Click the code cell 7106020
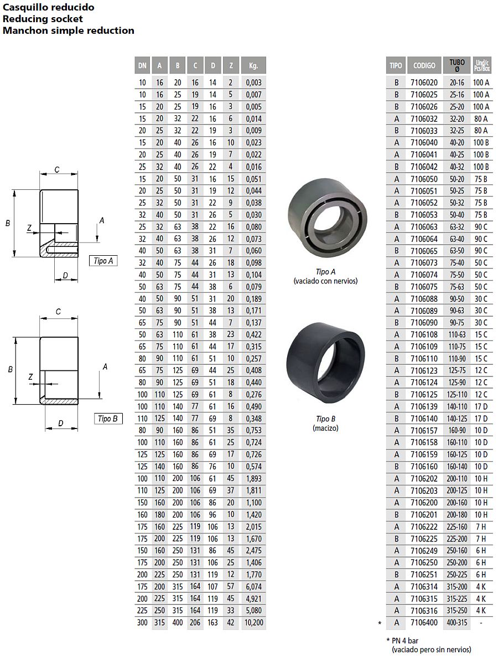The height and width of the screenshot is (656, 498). click(x=424, y=83)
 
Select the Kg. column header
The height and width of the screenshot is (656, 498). click(x=253, y=65)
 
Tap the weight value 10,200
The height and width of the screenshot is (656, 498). click(x=254, y=623)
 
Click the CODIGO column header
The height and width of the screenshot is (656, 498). click(x=424, y=65)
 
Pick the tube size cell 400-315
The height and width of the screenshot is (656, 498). click(x=457, y=623)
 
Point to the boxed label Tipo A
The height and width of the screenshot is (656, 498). click(x=103, y=261)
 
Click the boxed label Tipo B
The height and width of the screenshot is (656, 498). click(x=108, y=419)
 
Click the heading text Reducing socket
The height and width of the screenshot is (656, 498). click(x=43, y=19)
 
